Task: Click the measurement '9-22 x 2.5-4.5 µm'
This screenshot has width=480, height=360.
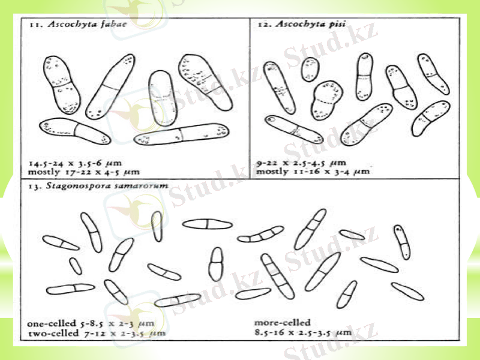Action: click(301, 163)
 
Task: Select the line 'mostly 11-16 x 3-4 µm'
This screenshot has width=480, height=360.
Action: click(312, 171)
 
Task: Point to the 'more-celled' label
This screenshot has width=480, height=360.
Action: click(282, 322)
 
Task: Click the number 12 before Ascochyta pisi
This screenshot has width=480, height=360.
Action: click(262, 24)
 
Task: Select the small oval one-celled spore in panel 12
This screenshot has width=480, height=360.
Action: click(310, 69)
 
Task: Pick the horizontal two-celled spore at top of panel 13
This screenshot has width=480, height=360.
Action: click(207, 224)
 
